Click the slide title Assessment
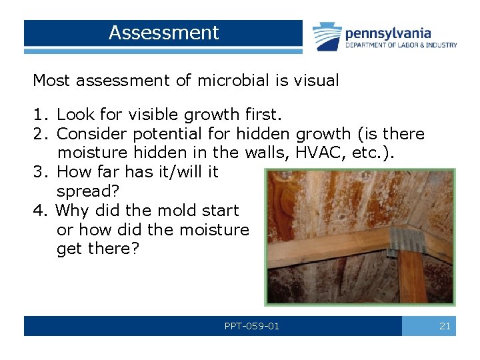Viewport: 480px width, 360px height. coord(163,33)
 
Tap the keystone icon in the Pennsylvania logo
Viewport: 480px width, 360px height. coord(327,36)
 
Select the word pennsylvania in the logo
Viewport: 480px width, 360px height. coord(387,33)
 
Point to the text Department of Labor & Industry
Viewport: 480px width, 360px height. coord(401,45)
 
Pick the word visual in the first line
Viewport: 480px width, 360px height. coord(315,81)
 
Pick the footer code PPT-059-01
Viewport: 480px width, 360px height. coord(252,326)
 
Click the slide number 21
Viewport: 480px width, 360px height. coord(445,326)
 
